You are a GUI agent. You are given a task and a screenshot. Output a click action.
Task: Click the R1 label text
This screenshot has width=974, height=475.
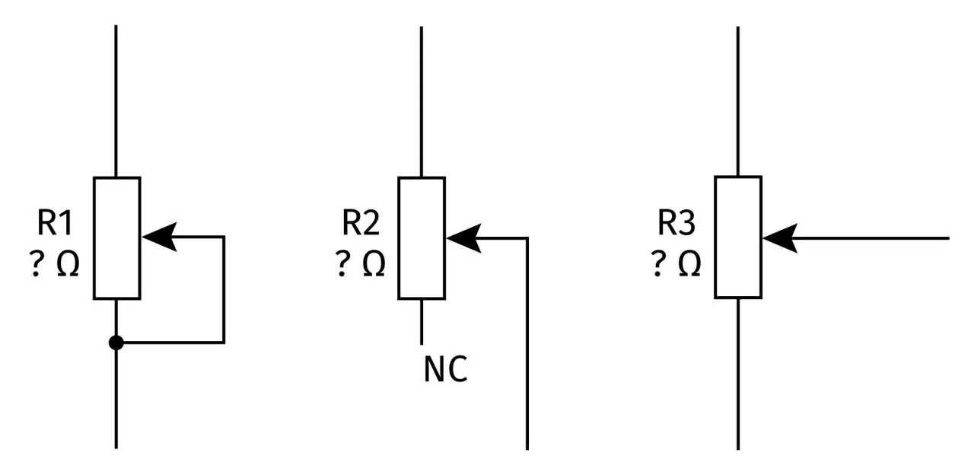click(x=55, y=223)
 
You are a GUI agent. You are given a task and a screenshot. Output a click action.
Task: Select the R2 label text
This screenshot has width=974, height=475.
click(x=361, y=223)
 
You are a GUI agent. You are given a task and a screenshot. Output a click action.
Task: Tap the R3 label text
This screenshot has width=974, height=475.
click(x=676, y=223)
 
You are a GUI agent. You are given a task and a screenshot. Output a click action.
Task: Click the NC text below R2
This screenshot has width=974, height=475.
click(x=446, y=369)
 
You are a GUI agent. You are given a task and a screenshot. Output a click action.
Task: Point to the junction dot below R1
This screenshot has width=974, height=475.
click(x=116, y=343)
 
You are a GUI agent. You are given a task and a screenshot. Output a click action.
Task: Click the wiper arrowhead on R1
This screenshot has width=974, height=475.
click(x=160, y=237)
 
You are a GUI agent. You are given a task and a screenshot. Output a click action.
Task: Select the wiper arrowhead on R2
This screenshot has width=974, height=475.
click(x=464, y=238)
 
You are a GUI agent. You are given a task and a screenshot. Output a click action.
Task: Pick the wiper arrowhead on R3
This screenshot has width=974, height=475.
click(x=780, y=238)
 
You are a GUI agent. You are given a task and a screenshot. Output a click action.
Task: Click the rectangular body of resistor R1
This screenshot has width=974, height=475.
click(x=117, y=238)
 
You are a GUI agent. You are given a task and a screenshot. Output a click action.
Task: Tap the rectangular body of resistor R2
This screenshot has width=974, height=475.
click(x=422, y=238)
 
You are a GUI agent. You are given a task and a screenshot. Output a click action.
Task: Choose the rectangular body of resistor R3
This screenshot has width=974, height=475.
click(x=738, y=237)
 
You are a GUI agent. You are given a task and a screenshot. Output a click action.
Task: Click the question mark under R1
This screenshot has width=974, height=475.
click(x=37, y=263)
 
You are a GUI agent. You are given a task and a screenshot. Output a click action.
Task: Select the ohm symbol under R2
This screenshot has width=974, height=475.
click(x=374, y=263)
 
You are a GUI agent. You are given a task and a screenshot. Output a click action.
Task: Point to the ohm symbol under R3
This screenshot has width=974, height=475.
click(x=689, y=263)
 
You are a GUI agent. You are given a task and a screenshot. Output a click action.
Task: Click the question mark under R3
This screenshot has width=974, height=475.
click(x=658, y=263)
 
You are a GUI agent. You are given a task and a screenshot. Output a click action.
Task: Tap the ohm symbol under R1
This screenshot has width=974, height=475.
click(x=68, y=263)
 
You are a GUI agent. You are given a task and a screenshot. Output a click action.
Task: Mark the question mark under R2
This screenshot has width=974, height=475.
click(x=342, y=263)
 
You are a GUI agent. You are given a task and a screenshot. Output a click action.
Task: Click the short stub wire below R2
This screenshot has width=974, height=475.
click(x=422, y=322)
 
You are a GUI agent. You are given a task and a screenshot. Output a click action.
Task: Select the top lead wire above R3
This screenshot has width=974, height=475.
click(x=738, y=101)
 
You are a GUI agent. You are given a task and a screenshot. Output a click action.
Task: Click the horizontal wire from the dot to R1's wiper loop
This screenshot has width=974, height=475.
click(x=174, y=343)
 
